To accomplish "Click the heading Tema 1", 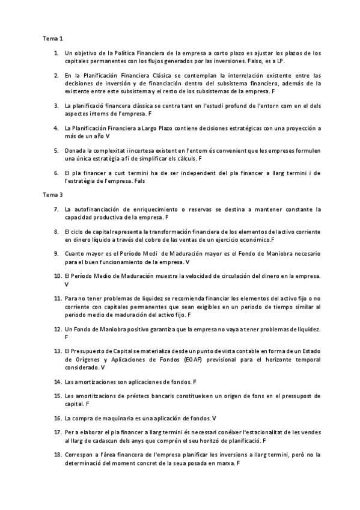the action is pyautogui.click(x=52, y=38).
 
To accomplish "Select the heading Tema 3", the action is pyautogui.click(x=52, y=195).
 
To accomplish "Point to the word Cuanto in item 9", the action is pyautogui.click(x=75, y=254).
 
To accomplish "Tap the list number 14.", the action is pyautogui.click(x=57, y=382).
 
